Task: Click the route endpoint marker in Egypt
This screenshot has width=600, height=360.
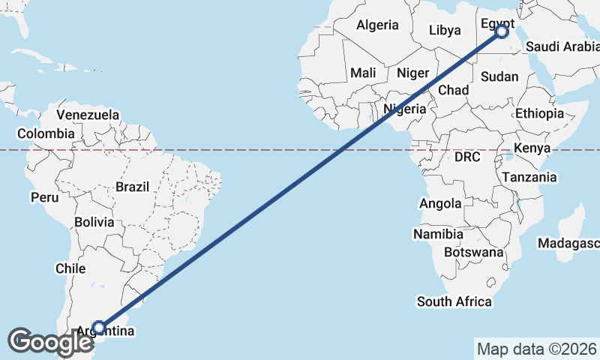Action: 502,31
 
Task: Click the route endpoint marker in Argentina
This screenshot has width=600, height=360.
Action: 98,328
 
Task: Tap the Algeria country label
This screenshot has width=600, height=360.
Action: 377,25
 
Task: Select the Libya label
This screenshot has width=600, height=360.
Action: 445,31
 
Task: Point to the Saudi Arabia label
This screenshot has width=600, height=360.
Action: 562,46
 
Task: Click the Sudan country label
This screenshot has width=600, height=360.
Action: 499,76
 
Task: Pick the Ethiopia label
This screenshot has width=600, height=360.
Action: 539,113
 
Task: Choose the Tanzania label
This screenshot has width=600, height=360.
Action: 529,177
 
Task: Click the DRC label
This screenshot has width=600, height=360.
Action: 466,157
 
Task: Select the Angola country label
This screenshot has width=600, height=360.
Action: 440,203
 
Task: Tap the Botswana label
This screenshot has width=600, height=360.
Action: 473,252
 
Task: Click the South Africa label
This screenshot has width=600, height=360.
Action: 454,301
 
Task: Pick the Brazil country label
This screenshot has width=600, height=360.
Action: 133,187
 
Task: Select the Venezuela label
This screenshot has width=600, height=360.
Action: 88,115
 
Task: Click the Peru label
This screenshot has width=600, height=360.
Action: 44,197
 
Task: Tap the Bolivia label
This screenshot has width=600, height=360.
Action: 94,222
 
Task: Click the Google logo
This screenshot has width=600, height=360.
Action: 50,342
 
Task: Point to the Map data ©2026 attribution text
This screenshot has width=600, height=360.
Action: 536,349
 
